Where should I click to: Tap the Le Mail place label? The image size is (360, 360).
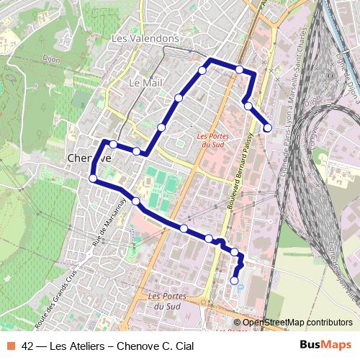point(145,84)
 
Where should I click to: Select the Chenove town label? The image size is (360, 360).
point(89,158)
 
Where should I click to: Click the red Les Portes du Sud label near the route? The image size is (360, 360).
point(214,140)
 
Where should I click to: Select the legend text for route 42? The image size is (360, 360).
point(108,346)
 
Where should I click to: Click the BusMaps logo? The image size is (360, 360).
point(325,346)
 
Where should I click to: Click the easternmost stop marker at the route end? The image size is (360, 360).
point(268,127)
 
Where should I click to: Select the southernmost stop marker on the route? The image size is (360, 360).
point(235,280)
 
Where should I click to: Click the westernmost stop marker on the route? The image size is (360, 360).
point(93,179)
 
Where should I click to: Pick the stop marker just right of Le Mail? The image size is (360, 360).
point(179,97)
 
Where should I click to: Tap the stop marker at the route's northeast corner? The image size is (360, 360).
point(239,69)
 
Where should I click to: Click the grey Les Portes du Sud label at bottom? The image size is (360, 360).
point(167,301)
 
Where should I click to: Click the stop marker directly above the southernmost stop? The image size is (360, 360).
point(234,252)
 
